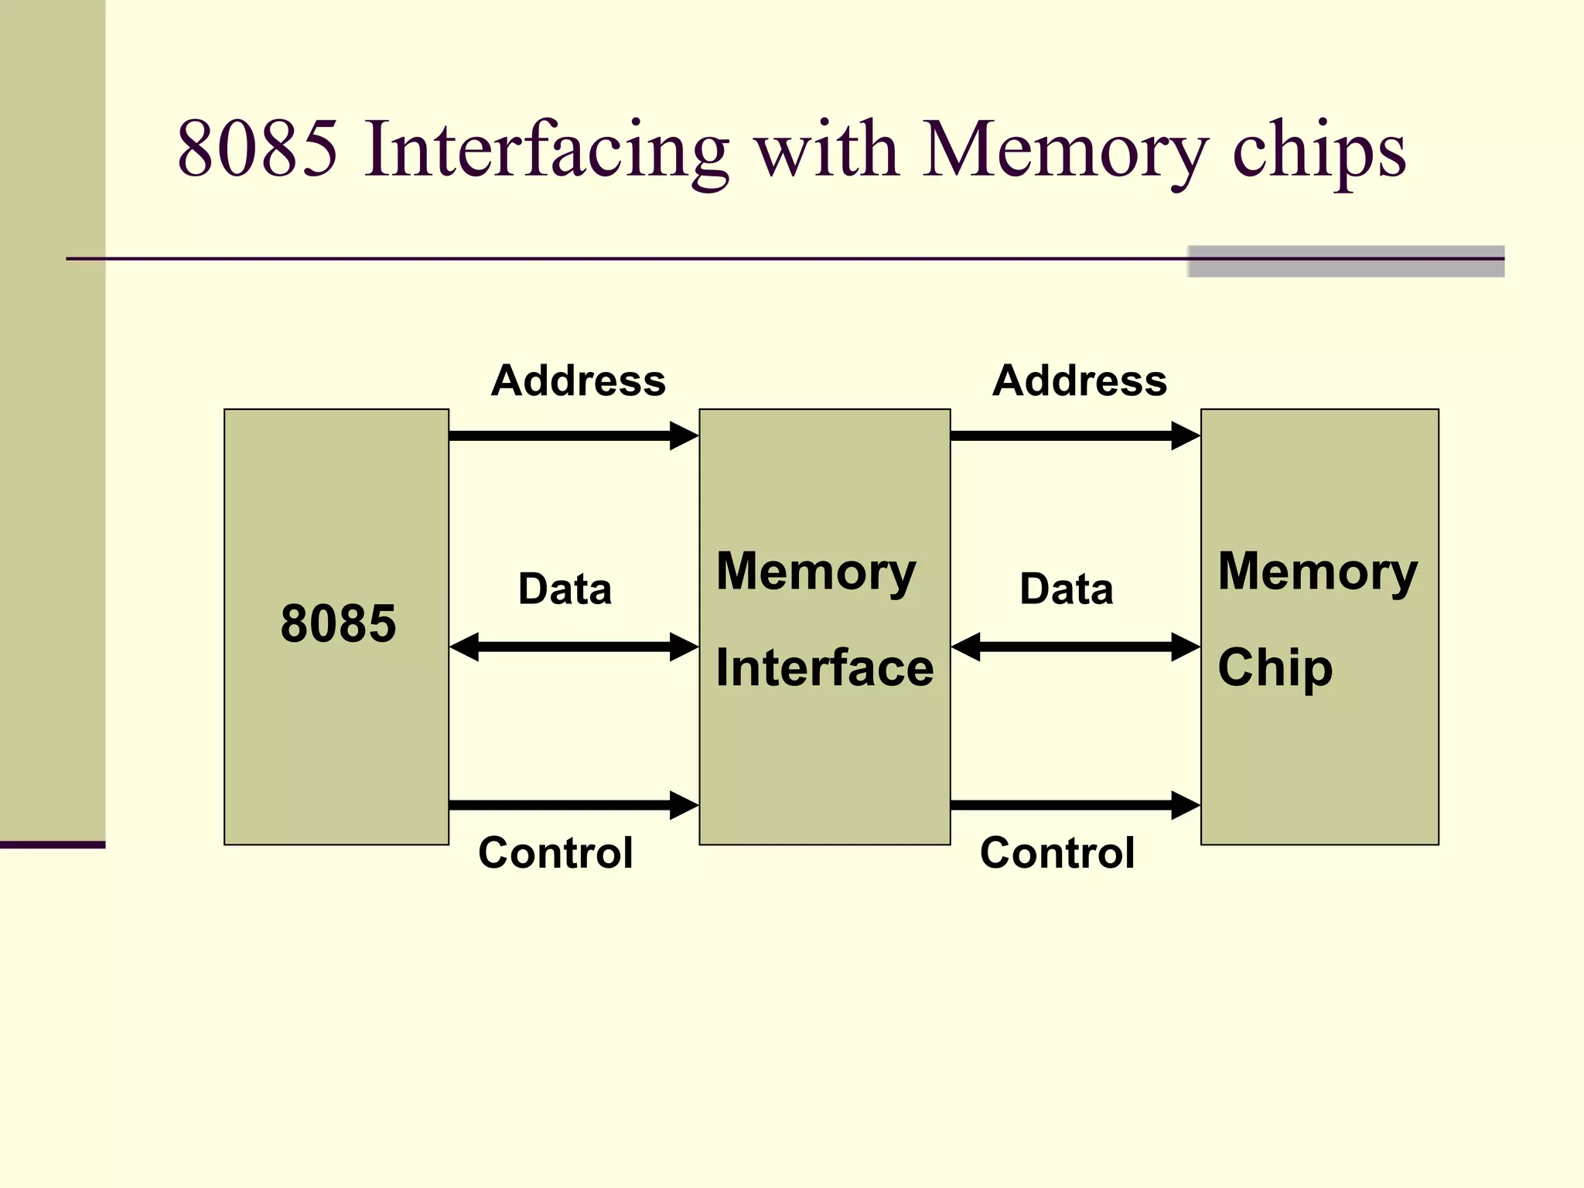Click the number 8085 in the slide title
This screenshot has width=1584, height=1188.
pos(258,148)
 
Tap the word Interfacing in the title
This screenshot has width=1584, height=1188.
pos(546,148)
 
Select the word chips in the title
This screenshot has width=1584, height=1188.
pos(1319,148)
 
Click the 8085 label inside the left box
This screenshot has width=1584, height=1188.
pos(338,623)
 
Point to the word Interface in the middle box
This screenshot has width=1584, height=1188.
pos(824,667)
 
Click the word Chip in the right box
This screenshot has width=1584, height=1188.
pos(1275,667)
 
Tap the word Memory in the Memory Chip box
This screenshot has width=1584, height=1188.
pos(1317,572)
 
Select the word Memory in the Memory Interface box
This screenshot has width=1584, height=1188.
pos(816,572)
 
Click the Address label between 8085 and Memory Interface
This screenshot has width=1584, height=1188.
pos(578,381)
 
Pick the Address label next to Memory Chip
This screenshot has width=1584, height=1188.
pos(1079,381)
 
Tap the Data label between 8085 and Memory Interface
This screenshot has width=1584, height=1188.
pos(565,589)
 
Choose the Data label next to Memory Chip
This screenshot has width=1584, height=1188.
pos(1066,589)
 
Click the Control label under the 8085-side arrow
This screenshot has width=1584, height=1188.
pos(555,853)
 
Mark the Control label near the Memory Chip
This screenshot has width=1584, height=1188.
pos(1057,853)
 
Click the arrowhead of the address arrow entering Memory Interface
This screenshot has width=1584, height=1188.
pos(684,435)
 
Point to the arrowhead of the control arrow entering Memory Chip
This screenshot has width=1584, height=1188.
pos(1185,805)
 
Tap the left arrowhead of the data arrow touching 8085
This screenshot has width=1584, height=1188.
pos(465,647)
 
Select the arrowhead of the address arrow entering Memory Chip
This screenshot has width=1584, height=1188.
pos(1185,435)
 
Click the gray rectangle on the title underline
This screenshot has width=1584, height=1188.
pos(1346,261)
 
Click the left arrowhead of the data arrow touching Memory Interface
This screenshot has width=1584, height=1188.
pos(966,647)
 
